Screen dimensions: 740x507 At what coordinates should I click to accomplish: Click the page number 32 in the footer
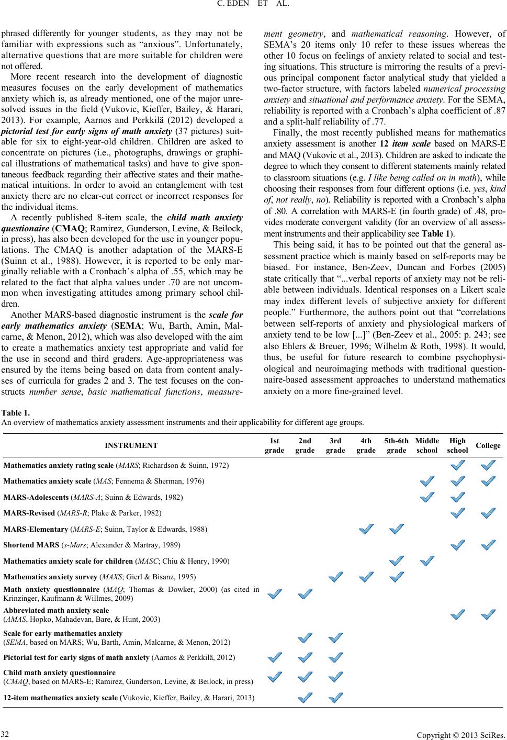coord(6,730)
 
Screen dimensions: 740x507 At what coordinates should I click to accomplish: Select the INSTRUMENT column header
coord(131,445)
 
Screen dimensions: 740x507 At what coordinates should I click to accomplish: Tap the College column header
coord(488,446)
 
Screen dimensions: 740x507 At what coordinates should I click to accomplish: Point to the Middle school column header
coord(426,445)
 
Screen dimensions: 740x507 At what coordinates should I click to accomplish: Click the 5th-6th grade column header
coord(396,445)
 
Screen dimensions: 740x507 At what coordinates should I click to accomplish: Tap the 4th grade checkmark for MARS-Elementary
coord(366,529)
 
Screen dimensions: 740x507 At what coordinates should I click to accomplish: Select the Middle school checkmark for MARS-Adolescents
coord(426,497)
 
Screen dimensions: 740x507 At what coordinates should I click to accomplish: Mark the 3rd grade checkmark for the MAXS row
coord(336,577)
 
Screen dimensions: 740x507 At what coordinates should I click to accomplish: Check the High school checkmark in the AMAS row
coord(458,615)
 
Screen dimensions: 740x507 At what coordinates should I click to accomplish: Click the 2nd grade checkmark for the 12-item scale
coord(306,697)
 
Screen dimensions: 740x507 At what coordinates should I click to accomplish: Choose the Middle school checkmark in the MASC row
coord(426,561)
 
